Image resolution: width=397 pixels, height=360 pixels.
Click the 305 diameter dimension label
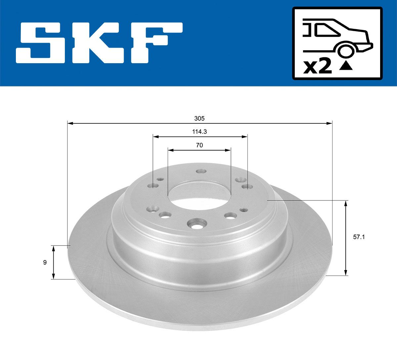click(x=199, y=118)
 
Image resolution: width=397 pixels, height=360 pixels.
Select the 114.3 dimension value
click(x=199, y=131)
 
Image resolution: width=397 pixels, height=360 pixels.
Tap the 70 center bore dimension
click(x=199, y=145)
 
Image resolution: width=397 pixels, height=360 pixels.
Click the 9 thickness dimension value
click(x=45, y=262)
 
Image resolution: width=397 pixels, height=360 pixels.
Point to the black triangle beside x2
click(x=346, y=66)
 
